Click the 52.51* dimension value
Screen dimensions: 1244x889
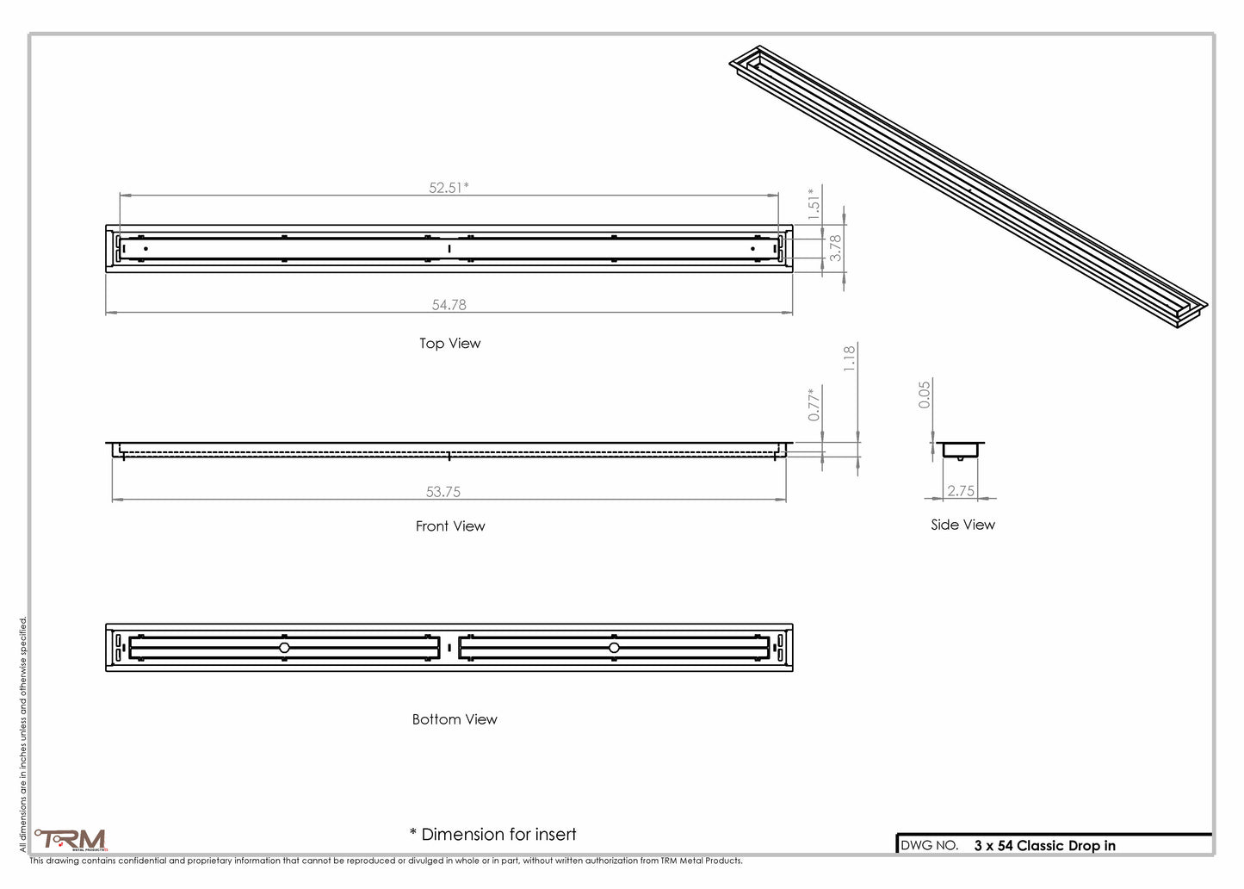449,188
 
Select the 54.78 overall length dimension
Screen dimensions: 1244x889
449,305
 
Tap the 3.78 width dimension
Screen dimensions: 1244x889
835,248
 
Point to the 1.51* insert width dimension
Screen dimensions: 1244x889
814,204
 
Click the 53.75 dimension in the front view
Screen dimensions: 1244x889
443,492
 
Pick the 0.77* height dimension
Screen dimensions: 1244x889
814,405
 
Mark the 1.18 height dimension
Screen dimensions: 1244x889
850,358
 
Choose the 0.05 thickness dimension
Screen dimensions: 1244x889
924,395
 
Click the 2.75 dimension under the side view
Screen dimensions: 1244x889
961,491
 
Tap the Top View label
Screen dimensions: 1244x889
450,344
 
